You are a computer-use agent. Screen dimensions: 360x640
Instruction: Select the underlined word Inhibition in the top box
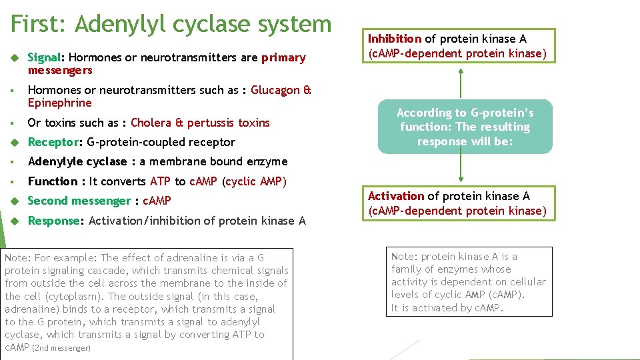tap(395, 39)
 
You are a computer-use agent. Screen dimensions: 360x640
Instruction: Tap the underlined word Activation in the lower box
tap(396, 196)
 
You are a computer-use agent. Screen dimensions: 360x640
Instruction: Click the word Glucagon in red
tap(275, 91)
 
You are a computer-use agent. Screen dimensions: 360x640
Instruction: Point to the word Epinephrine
tap(59, 103)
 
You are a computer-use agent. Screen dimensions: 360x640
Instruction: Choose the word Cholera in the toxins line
tap(151, 123)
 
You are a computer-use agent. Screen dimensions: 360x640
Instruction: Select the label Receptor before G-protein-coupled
tap(53, 142)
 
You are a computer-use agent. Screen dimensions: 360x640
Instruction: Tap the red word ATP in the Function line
tap(160, 181)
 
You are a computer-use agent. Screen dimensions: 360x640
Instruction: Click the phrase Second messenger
tap(79, 201)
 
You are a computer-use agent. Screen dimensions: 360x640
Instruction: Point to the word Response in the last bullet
tap(53, 221)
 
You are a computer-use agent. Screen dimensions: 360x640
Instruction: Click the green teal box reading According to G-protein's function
tap(465, 127)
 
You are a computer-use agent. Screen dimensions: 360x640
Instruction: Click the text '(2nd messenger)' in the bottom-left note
tap(61, 348)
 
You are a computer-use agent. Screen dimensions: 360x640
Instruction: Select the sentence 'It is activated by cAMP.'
tap(447, 308)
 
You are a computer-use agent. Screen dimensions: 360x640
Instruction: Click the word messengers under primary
tap(60, 71)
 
